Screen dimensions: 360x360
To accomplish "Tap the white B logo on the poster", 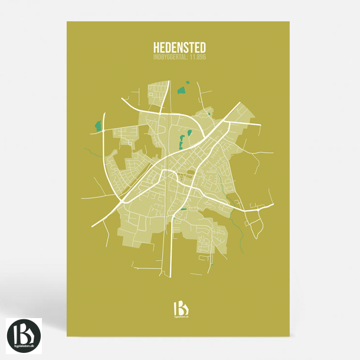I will (180, 308).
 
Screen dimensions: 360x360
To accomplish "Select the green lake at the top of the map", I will (181, 91).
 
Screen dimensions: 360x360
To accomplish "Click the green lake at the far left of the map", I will (98, 126).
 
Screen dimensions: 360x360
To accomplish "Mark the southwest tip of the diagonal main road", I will (93, 226).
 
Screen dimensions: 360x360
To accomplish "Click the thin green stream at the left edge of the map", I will (90, 153).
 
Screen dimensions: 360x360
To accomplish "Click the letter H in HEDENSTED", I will (156, 46).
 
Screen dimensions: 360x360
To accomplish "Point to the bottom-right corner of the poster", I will (289, 337).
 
